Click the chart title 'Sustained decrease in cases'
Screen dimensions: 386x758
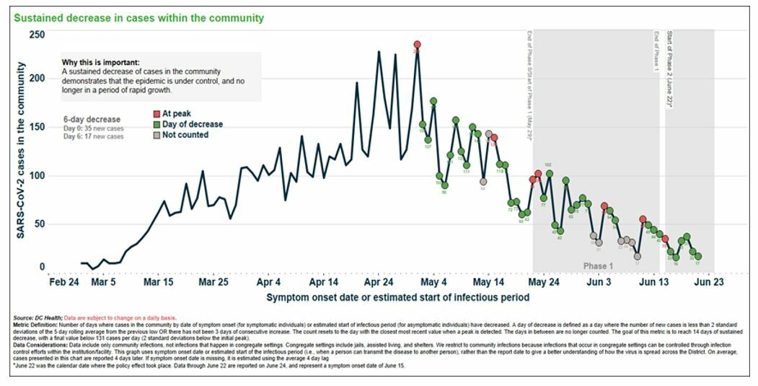(x=138, y=18)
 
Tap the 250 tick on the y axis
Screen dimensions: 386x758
(x=36, y=35)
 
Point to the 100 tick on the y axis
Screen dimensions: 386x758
(x=36, y=175)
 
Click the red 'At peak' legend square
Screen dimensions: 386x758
(x=156, y=114)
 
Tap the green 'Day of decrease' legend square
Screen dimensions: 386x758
(x=156, y=124)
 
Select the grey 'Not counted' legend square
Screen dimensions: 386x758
(x=156, y=134)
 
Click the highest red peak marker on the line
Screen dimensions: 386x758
(x=417, y=45)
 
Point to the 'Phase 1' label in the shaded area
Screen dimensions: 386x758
(x=598, y=266)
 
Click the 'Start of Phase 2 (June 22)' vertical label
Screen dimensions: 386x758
(x=669, y=69)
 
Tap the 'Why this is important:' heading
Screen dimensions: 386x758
(x=100, y=63)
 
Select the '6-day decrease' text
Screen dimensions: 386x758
(x=92, y=119)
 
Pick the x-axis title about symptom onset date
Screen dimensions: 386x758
(x=397, y=297)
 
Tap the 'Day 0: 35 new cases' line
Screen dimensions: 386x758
(x=93, y=128)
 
